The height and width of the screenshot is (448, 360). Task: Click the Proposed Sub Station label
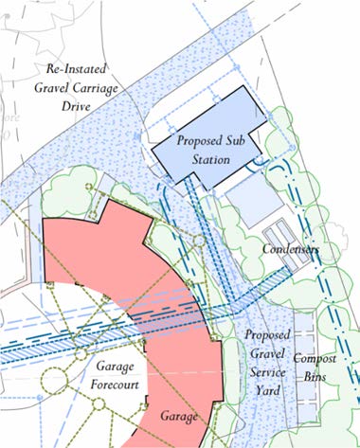pyautogui.click(x=205, y=150)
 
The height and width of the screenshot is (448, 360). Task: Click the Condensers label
pyautogui.click(x=292, y=250)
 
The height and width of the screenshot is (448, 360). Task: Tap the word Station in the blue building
pyautogui.click(x=209, y=159)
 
